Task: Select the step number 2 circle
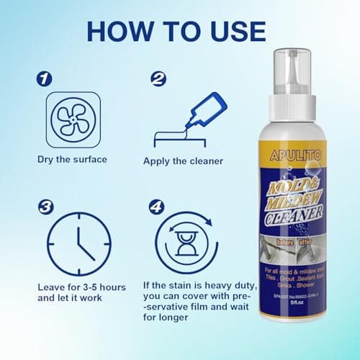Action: point(159,78)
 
